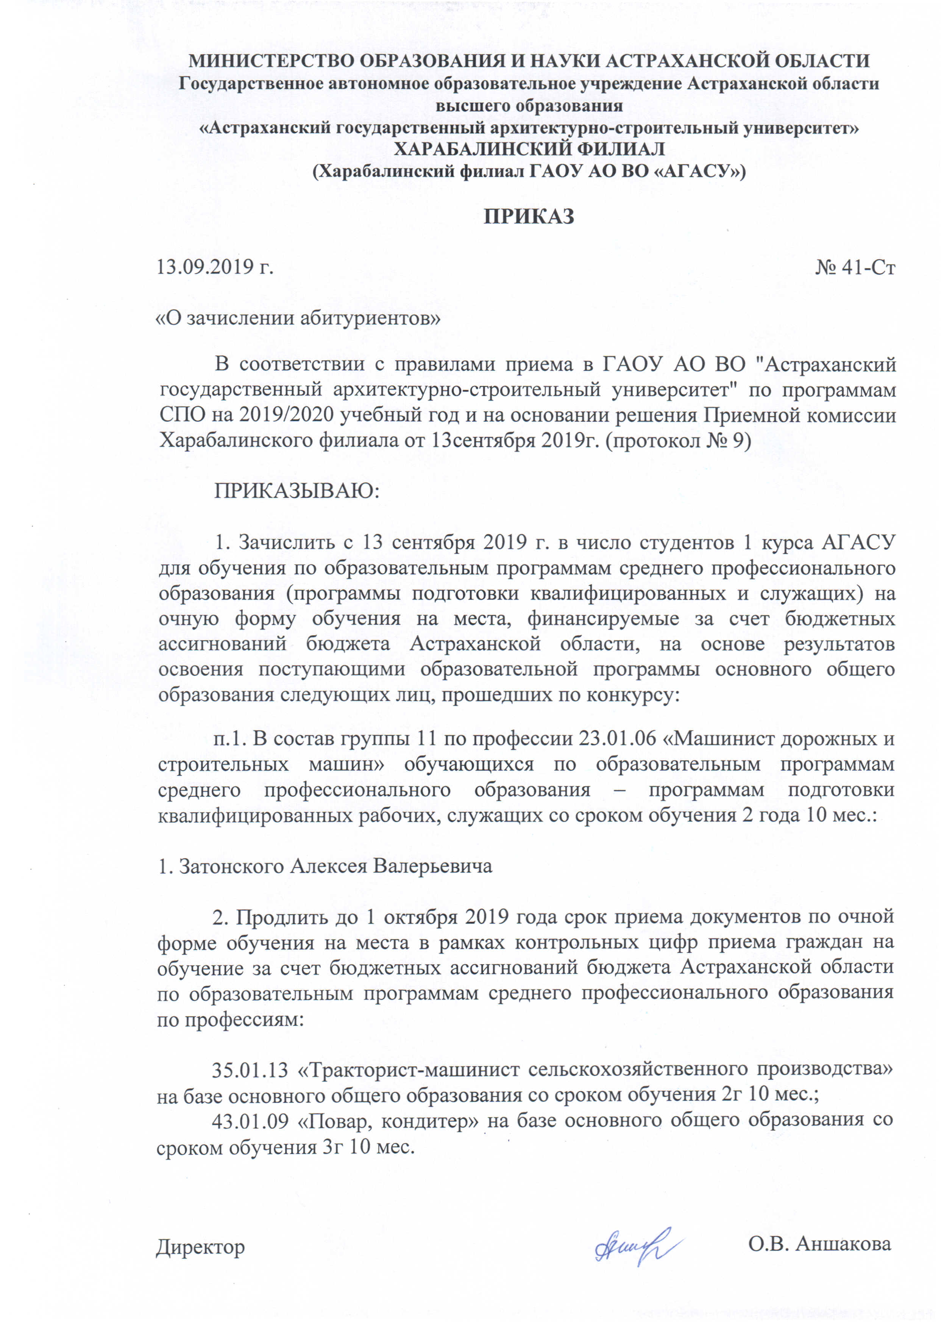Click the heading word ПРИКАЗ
click(x=529, y=216)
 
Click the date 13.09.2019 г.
click(x=215, y=267)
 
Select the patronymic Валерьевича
click(x=432, y=866)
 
